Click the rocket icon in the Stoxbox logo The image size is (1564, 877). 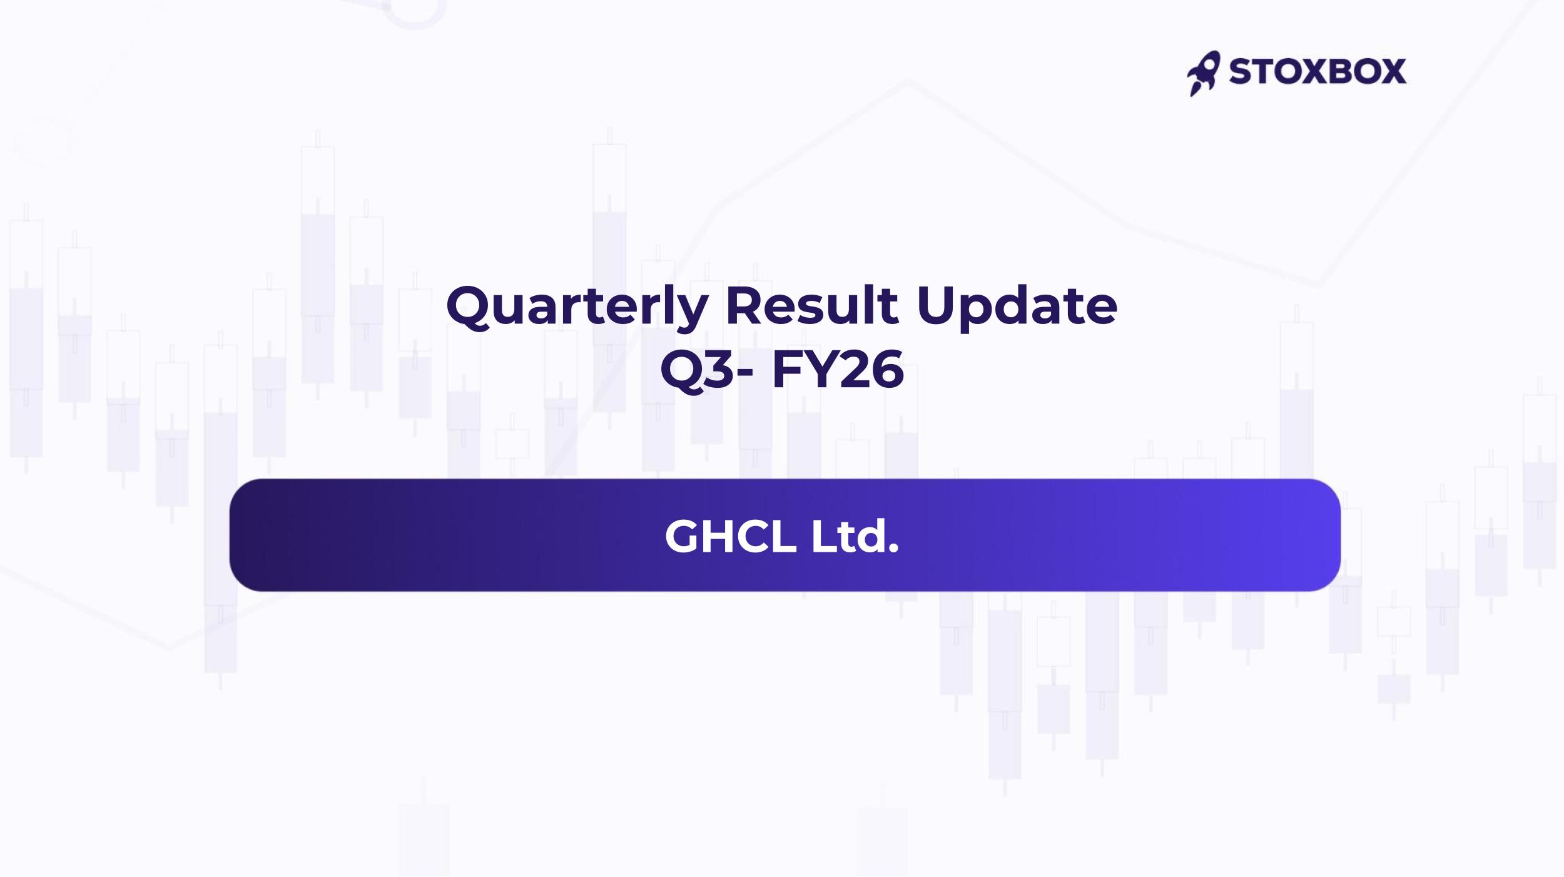click(1203, 73)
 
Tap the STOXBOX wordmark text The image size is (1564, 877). click(1318, 71)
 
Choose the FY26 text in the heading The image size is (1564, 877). click(838, 370)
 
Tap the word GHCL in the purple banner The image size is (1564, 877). click(731, 536)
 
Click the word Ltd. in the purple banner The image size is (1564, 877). click(855, 536)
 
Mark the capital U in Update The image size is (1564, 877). click(936, 306)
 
